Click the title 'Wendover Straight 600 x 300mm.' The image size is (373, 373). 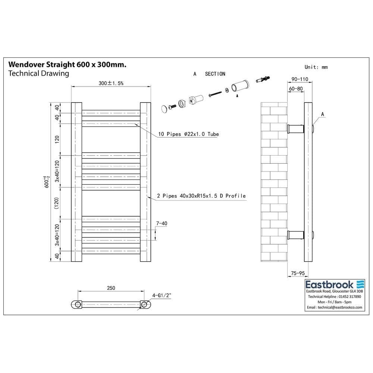point(67,65)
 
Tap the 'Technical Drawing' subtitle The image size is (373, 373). point(38,73)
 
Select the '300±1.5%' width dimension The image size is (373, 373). point(111,83)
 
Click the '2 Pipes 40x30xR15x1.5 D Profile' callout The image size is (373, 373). point(201,196)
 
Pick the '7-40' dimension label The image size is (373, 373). point(162,223)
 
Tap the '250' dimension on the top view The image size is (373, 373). point(111,288)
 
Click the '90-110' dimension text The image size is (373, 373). point(300,79)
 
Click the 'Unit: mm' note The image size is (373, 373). point(316,67)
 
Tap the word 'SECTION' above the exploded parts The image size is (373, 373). point(215,74)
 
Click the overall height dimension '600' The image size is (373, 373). point(47,182)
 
